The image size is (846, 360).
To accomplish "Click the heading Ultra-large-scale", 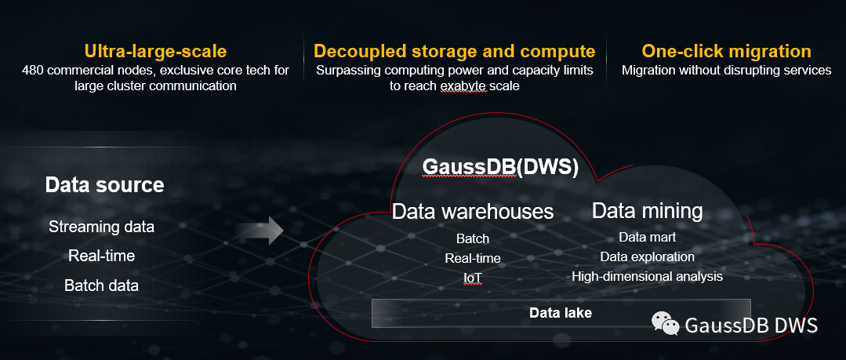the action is [155, 52].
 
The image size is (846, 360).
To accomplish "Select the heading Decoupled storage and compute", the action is [454, 52].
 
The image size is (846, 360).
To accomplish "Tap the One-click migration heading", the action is [726, 52].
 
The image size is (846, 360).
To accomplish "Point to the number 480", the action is [34, 71].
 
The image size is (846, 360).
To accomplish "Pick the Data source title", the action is [104, 185].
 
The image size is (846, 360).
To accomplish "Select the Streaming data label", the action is [101, 227].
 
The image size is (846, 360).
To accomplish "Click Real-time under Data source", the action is [101, 256].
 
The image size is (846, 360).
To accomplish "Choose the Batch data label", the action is [101, 285].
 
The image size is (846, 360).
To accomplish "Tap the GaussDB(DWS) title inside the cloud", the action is [499, 167].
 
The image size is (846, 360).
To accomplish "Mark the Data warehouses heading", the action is [472, 211].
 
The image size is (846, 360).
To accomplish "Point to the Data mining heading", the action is [647, 210].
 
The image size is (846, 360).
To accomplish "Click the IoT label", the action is [472, 278].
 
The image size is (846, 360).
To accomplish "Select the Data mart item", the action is [647, 237].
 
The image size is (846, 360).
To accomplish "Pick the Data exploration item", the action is [647, 256].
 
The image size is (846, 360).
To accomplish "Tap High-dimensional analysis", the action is [647, 276].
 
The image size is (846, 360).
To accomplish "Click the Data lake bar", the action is [560, 313].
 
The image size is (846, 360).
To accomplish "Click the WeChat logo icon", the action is [665, 324].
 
